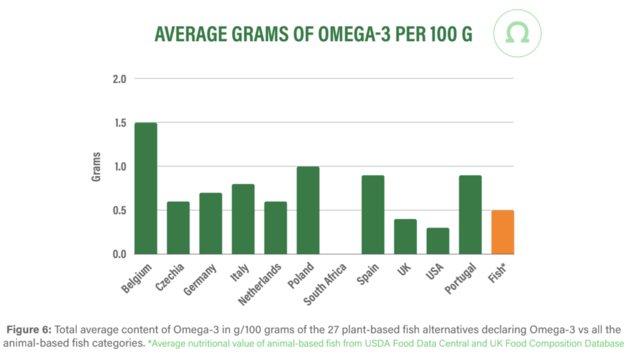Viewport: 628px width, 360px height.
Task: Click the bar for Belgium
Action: point(146,188)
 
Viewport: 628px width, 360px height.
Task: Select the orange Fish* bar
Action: point(503,232)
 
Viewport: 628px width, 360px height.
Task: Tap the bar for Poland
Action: point(308,210)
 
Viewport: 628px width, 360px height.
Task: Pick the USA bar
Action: point(438,241)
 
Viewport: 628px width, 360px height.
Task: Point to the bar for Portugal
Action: point(470,215)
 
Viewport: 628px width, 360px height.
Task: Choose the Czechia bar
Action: point(178,228)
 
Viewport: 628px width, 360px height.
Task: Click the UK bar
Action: point(405,237)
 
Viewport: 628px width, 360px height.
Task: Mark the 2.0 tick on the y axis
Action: point(119,79)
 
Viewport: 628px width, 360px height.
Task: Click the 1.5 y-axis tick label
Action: point(119,123)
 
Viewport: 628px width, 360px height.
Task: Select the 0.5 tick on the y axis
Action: point(119,210)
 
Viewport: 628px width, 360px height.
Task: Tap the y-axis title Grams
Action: point(96,167)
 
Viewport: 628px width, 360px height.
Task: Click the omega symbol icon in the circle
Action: point(517,34)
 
